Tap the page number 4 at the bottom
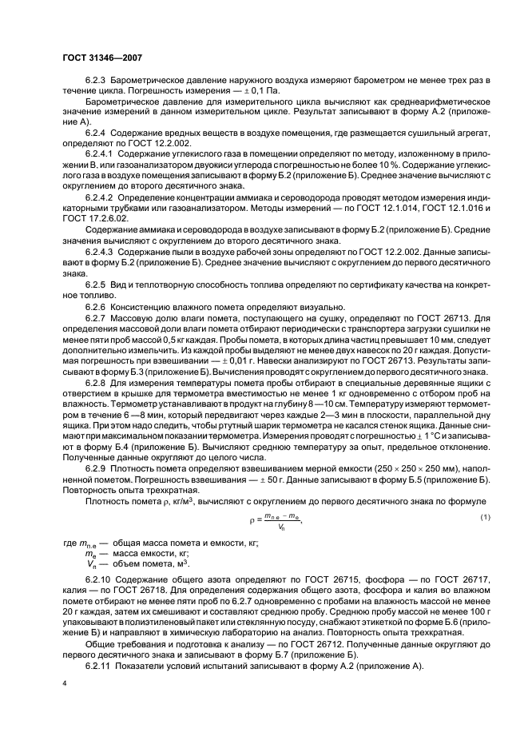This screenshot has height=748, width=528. click(64, 684)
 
